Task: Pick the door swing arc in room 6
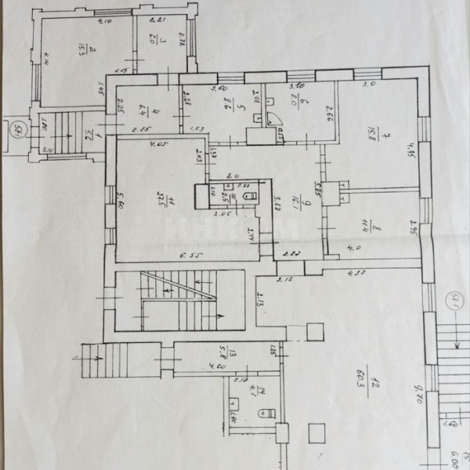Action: point(273,118)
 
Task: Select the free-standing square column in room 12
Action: point(316,432)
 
